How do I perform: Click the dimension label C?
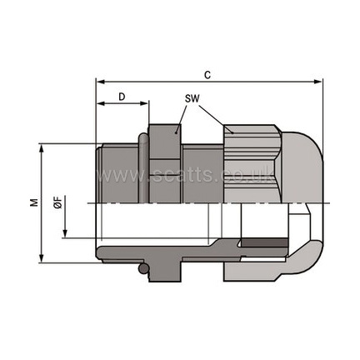[x=207, y=75]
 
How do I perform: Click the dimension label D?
[x=122, y=97]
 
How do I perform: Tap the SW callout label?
[x=192, y=98]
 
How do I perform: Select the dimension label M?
[x=34, y=202]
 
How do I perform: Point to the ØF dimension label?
[x=58, y=205]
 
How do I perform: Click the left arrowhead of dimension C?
[x=100, y=82]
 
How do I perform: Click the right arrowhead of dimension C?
[x=318, y=82]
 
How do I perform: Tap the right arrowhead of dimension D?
[x=144, y=103]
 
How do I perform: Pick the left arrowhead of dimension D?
[x=100, y=103]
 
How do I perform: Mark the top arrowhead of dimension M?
[x=42, y=148]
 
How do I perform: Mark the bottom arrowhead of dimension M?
[x=42, y=258]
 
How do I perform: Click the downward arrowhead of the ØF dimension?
[x=65, y=233]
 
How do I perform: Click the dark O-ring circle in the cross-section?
[x=143, y=268]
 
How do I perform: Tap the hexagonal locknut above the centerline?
[x=165, y=164]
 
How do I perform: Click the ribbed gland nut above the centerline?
[x=252, y=164]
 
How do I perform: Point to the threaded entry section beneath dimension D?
[x=117, y=173]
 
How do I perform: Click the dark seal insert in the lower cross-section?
[x=264, y=242]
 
